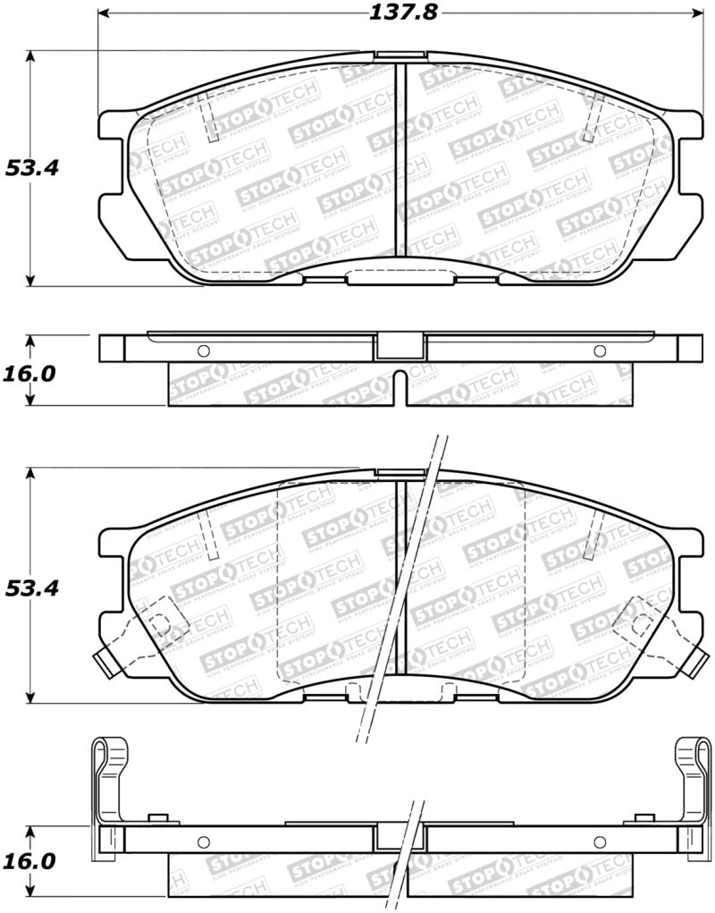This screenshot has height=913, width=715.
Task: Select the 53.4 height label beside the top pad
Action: [32, 167]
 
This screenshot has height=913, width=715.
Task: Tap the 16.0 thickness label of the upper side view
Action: [30, 373]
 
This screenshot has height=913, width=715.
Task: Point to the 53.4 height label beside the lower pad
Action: [32, 588]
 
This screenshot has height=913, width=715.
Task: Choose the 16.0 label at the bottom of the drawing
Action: [30, 861]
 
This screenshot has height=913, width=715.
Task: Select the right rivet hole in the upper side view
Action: [599, 350]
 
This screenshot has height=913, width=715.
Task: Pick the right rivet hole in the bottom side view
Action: [599, 841]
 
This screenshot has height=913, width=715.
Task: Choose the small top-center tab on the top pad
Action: [389, 55]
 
